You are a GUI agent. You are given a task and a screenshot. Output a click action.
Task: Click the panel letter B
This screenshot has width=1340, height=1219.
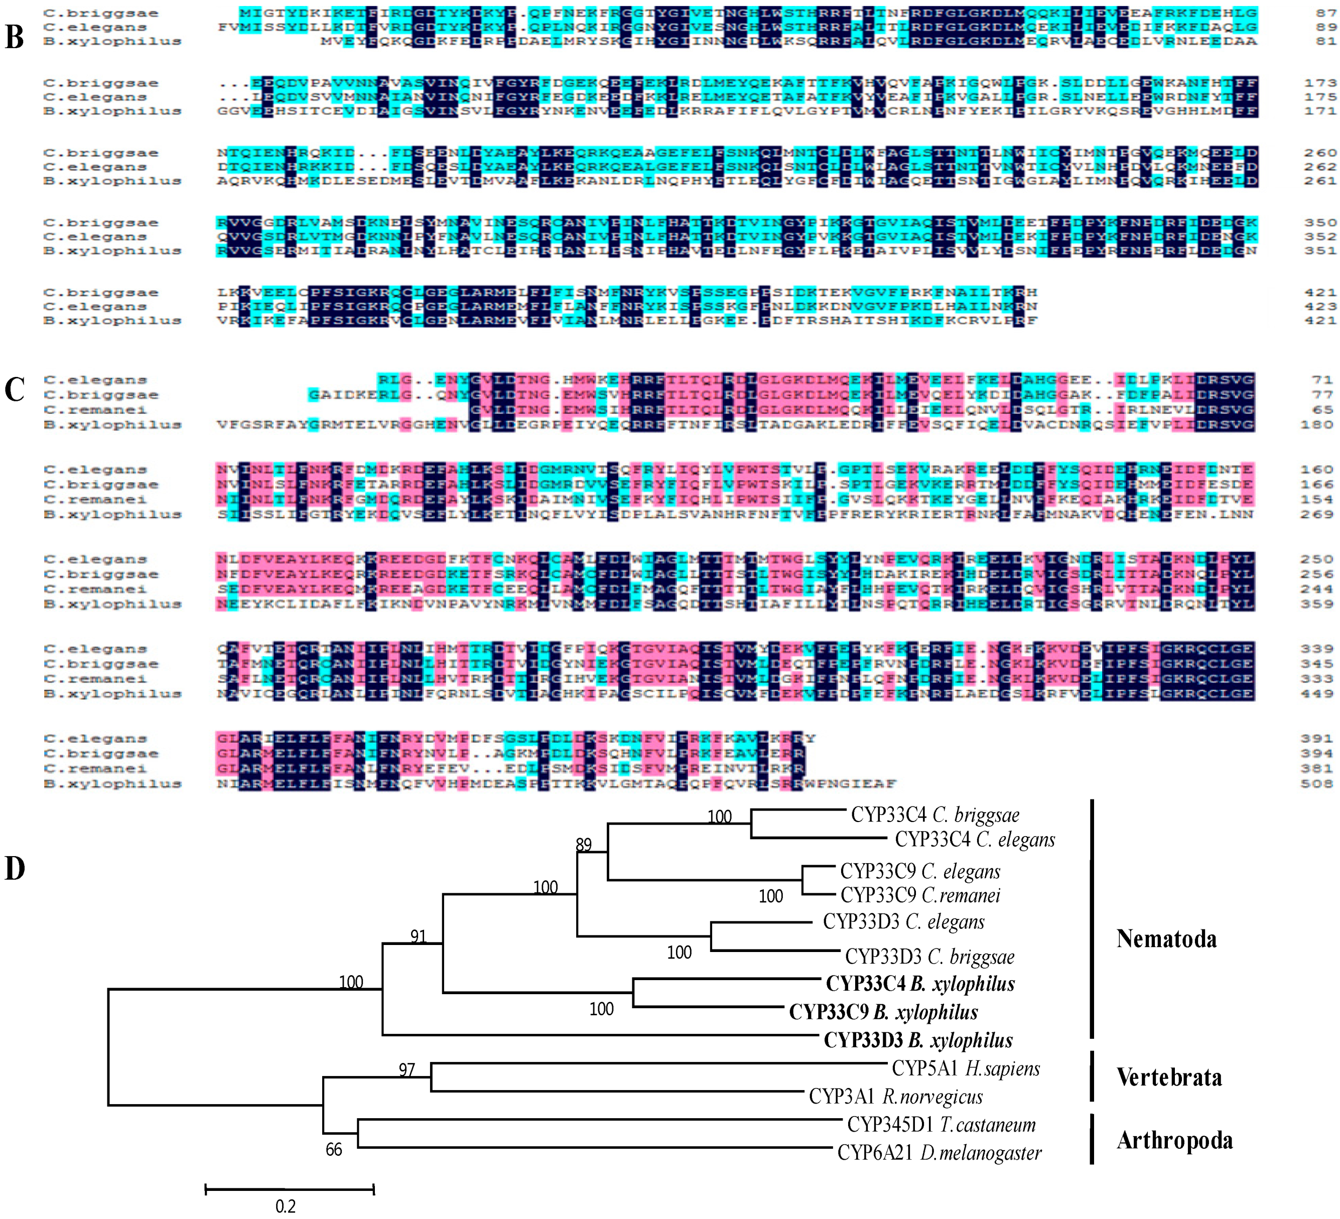15,37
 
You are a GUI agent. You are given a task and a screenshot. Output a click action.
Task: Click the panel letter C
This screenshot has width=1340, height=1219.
15,389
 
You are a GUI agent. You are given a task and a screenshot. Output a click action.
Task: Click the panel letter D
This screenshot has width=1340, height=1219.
15,868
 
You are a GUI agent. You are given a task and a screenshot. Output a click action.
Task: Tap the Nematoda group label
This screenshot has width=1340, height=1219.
1166,938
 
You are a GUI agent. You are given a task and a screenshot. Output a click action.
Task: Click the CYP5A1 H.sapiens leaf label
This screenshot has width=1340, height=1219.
965,1068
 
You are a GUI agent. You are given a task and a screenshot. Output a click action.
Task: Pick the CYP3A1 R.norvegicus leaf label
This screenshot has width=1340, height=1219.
895,1096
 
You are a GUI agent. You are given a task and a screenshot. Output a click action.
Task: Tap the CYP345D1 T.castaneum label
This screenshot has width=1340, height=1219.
941,1125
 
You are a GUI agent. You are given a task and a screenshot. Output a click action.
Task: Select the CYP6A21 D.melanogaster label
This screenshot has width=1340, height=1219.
939,1153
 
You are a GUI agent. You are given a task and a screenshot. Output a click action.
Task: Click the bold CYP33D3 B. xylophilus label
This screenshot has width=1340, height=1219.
918,1040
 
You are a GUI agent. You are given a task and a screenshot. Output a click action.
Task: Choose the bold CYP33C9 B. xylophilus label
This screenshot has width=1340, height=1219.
883,1012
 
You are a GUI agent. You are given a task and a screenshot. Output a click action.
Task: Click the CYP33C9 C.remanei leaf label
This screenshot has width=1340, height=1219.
920,895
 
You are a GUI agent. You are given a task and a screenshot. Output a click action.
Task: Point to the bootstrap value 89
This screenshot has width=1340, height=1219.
584,845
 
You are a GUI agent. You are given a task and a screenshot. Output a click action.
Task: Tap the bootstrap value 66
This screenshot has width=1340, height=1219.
334,1150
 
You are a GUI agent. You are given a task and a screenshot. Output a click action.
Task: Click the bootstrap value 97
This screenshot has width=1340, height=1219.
407,1069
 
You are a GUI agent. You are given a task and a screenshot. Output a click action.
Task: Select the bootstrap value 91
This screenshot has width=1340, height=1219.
418,936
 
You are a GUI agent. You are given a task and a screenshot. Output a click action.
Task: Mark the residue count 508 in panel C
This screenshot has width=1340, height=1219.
1317,784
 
